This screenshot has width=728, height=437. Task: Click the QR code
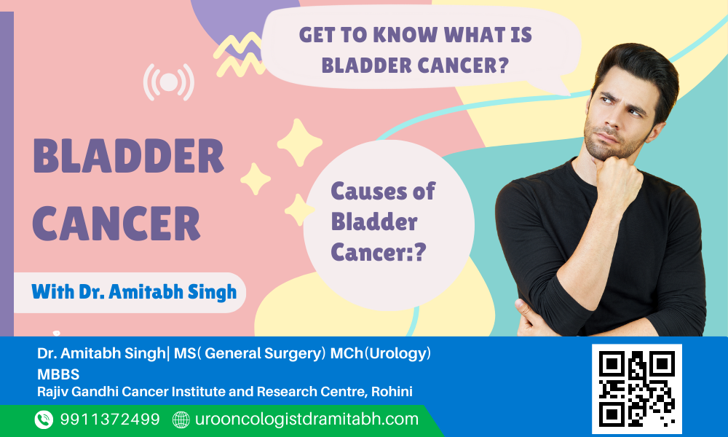point(636,389)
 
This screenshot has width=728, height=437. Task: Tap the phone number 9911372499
point(110,420)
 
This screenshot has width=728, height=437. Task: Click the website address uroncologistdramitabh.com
point(307,420)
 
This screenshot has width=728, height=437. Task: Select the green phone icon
point(44,420)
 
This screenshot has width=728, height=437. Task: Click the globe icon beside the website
point(181,420)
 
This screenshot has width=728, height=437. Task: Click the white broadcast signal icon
point(169,82)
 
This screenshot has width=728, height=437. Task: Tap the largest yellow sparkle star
point(299,143)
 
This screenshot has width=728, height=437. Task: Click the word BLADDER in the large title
point(129,156)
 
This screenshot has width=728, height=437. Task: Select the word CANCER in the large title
point(116,224)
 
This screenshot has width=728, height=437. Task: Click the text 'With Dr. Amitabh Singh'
point(134,292)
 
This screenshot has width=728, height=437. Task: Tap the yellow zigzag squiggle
point(240,55)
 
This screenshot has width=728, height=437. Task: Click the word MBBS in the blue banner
point(58,374)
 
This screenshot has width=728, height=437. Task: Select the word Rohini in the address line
point(392,392)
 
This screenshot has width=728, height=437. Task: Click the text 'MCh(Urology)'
point(380,353)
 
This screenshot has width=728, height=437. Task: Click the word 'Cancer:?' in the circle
point(379,252)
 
